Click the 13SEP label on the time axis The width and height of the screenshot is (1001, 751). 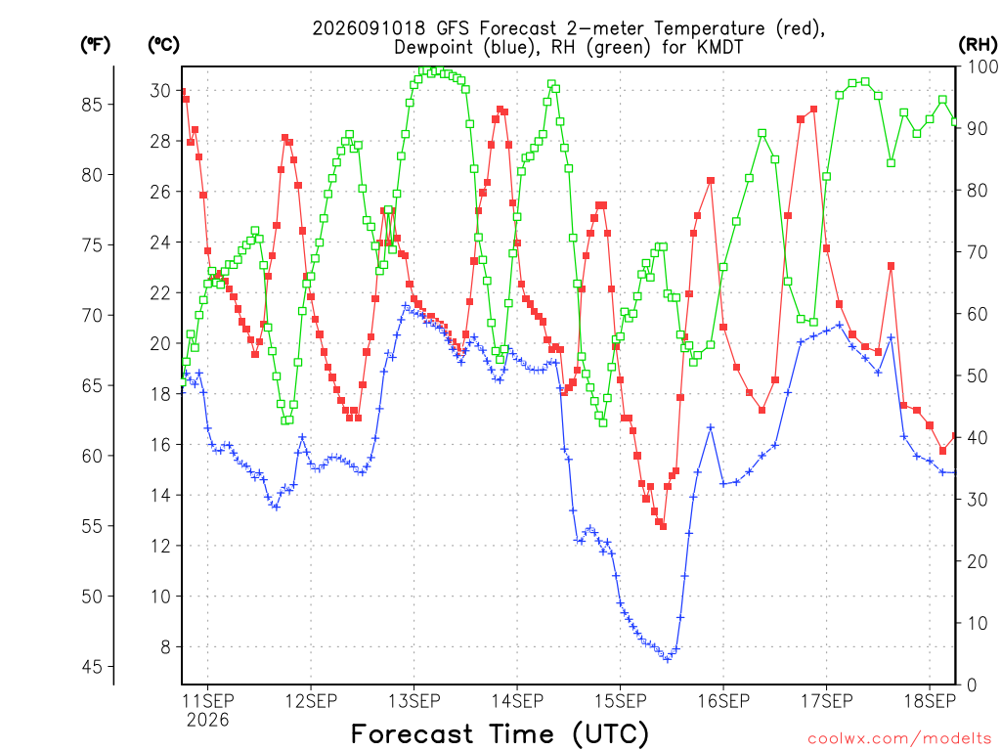[x=413, y=701]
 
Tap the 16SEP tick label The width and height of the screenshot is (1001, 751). [x=723, y=701]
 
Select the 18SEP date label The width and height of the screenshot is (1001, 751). [x=930, y=701]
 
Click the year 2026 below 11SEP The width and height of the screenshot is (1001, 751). [x=207, y=721]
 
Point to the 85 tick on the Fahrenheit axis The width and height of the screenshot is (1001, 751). [x=92, y=105]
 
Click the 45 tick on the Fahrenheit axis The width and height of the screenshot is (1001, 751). [x=92, y=667]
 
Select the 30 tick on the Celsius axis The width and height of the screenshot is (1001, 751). [x=160, y=91]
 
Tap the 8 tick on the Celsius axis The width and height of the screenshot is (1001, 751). [x=165, y=647]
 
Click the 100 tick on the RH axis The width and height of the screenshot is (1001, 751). [x=982, y=66]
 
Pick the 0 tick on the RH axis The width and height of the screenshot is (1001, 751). [x=972, y=685]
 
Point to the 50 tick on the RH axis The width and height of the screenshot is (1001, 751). [x=977, y=376]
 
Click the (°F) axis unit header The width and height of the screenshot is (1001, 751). [x=95, y=45]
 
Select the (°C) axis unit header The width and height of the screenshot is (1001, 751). [x=163, y=45]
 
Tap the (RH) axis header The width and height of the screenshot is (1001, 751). [x=978, y=45]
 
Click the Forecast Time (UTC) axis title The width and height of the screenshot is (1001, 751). [x=500, y=734]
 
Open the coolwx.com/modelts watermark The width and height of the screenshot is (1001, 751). [x=903, y=739]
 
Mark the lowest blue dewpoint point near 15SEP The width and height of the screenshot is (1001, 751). [x=667, y=659]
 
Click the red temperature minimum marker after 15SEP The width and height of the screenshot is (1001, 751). [x=664, y=526]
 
